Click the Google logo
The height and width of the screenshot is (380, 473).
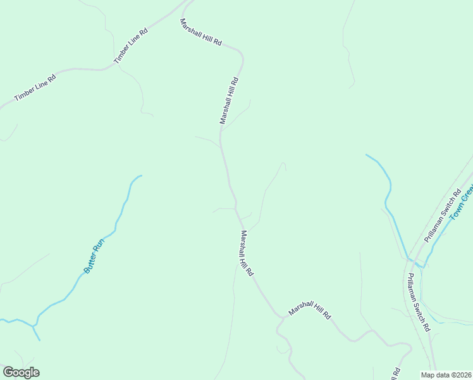[21, 372]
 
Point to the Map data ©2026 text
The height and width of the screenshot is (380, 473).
[446, 374]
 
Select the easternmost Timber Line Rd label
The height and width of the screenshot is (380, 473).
[130, 45]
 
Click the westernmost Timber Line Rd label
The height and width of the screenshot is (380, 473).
[35, 87]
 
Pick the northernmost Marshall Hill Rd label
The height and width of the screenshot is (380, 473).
[201, 32]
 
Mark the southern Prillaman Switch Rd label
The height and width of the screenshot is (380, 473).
[419, 302]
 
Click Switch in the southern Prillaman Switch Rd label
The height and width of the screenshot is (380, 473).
[419, 307]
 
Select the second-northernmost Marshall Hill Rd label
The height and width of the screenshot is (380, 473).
[230, 100]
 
